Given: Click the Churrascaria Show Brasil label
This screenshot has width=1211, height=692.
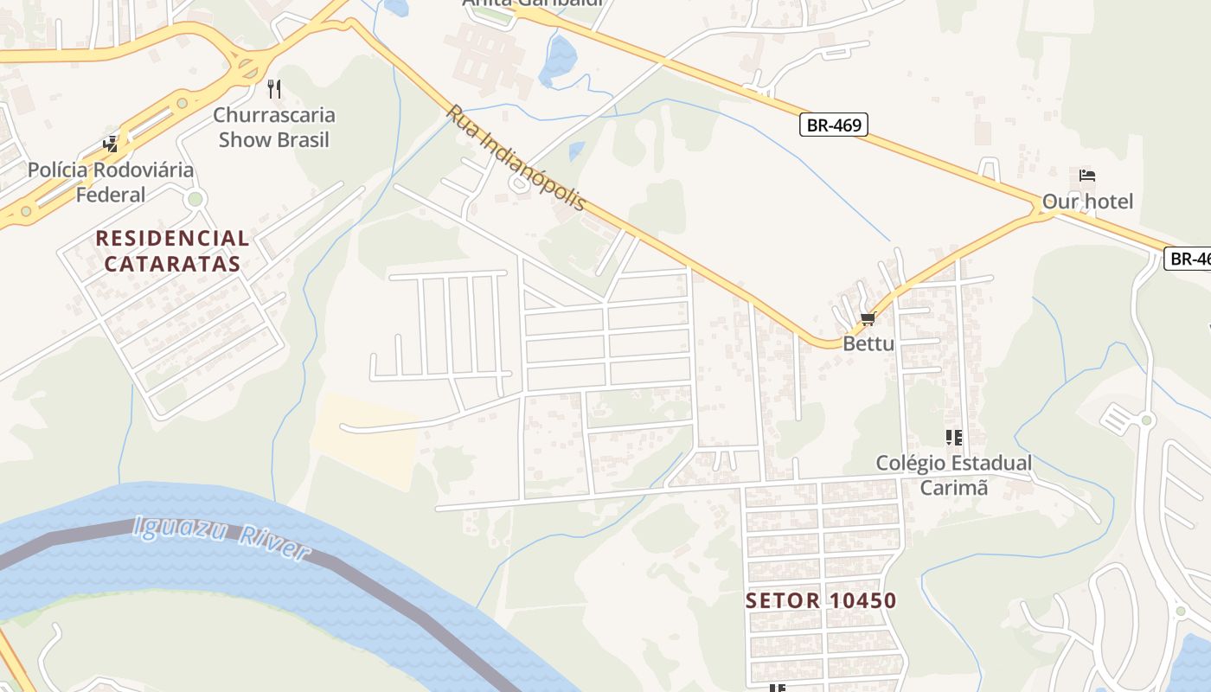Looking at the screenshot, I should click(274, 127).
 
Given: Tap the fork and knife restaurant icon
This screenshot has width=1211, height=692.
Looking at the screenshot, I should click(274, 88).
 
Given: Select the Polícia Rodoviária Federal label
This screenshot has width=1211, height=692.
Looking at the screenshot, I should click(111, 182).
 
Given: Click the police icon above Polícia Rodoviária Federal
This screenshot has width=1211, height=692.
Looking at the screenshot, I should click(111, 144).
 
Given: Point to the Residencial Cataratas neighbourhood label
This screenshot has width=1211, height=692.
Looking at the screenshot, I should click(172, 251).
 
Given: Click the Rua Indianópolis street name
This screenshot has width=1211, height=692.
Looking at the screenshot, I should click(517, 158).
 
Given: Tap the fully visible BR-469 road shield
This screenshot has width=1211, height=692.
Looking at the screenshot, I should click(833, 125).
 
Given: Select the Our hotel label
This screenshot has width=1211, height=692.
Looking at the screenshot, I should click(1087, 202).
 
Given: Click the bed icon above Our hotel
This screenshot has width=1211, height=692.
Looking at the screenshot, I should click(1087, 176).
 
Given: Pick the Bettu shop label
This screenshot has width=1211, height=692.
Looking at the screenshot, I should click(868, 343).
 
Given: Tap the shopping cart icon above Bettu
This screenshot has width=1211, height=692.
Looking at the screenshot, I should click(868, 318).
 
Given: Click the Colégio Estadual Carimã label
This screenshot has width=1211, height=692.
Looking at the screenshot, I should click(953, 475).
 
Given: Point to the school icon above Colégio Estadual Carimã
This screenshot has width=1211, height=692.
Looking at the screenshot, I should click(953, 438).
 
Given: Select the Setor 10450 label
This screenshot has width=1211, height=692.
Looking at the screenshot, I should click(821, 600).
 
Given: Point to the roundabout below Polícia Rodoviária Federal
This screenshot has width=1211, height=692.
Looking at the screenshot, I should click(195, 200).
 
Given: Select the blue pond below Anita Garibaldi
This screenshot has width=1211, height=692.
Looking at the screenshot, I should click(558, 61).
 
